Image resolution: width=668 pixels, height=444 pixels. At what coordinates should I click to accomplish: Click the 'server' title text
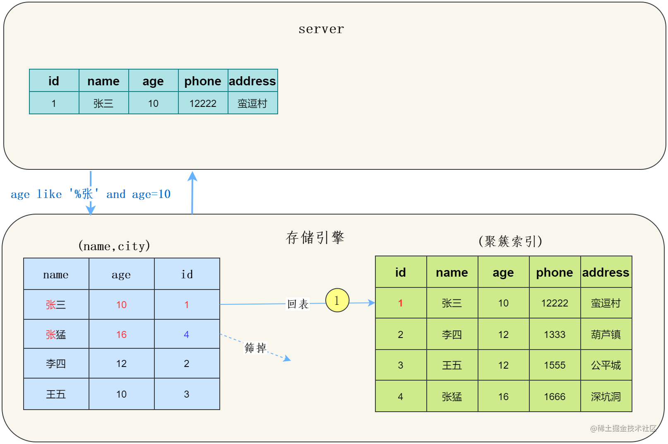[x=321, y=29]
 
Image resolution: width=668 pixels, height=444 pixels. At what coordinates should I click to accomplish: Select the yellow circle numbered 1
[x=337, y=300]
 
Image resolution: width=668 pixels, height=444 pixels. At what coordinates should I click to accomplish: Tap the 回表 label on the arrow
[x=298, y=304]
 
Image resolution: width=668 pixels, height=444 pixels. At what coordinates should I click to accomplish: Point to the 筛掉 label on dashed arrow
[x=255, y=347]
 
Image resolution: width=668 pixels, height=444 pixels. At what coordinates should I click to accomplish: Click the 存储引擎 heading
[x=315, y=237]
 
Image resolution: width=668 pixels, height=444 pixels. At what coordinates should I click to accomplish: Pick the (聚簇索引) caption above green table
[x=510, y=241]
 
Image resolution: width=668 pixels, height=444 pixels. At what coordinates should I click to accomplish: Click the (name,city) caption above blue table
[x=114, y=246]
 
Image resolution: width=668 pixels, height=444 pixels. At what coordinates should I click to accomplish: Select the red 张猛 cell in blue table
[x=56, y=334]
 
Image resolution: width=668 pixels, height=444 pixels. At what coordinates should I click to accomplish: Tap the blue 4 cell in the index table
[x=187, y=334]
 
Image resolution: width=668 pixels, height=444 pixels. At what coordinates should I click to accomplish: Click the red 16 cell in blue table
[x=121, y=334]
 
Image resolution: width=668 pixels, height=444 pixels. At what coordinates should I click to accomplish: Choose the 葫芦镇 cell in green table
[x=606, y=334]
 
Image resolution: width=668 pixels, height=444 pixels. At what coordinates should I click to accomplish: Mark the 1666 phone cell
[x=555, y=397]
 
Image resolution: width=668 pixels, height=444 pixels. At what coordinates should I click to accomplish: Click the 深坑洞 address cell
[x=606, y=397]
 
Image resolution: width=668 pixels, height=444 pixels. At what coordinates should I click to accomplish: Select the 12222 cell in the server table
[x=203, y=104]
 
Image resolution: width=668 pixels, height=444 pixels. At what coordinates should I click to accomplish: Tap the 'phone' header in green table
[x=555, y=273]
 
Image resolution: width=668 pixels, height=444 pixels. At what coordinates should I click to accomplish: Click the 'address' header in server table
[x=252, y=81]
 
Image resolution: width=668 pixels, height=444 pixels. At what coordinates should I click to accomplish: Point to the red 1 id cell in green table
[x=401, y=303]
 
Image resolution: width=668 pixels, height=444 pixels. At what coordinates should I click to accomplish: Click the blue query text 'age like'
[x=36, y=194]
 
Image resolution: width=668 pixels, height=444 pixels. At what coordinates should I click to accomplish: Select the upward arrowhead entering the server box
[x=192, y=176]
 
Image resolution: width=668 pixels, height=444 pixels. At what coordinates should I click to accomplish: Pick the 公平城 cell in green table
[x=606, y=365]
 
